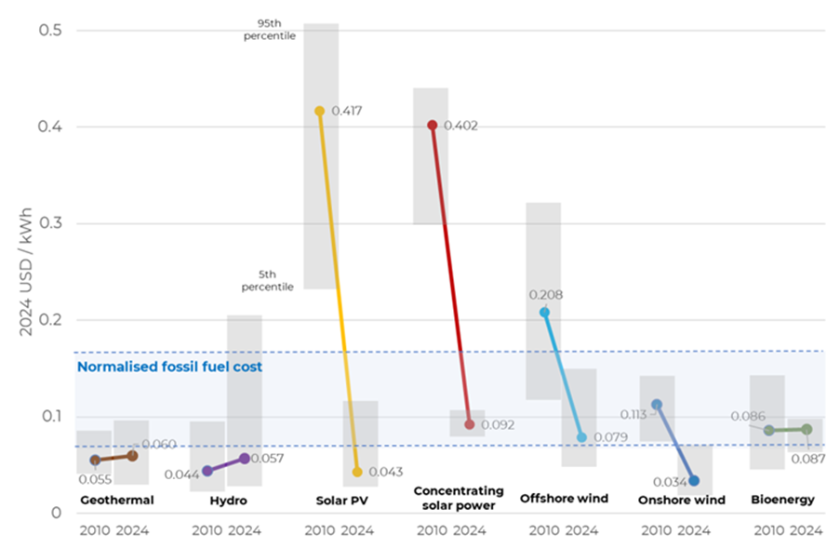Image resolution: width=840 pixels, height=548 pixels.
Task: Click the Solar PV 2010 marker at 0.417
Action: (x=320, y=111)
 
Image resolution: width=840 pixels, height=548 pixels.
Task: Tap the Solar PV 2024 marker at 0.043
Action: (x=357, y=473)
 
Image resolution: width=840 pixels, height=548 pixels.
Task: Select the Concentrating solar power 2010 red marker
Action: (x=433, y=125)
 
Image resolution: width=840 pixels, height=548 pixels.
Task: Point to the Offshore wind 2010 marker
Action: (x=545, y=313)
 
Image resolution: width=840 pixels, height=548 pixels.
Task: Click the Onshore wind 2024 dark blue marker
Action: (x=694, y=481)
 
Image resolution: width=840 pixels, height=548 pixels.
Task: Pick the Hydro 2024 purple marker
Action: (x=245, y=459)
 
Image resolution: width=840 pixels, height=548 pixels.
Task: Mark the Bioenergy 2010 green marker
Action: (x=768, y=430)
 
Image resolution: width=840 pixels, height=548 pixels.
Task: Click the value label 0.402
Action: (x=460, y=126)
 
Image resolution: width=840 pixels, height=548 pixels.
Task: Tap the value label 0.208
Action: (x=545, y=295)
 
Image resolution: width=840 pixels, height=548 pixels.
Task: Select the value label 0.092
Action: (x=498, y=425)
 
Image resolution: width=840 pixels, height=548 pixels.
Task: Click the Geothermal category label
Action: (x=116, y=501)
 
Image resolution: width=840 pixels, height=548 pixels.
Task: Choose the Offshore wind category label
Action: (x=564, y=499)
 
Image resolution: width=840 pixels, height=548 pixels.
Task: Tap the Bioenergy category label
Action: (x=782, y=500)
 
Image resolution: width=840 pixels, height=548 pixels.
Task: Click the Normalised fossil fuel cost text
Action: (x=169, y=368)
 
